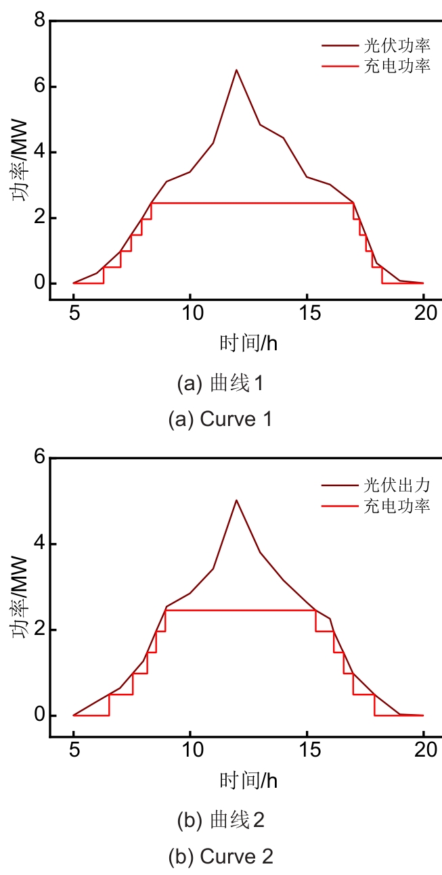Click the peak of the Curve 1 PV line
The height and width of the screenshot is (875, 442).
[236, 70]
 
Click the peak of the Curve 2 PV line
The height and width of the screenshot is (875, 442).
[236, 500]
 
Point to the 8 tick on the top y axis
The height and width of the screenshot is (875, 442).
[39, 22]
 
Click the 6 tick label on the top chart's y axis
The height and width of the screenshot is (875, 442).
[39, 87]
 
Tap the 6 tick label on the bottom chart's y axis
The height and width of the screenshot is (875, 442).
[39, 458]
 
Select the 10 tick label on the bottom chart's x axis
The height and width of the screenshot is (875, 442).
[190, 751]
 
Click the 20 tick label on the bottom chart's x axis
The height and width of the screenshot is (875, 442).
[423, 751]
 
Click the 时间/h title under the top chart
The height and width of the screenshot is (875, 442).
[248, 343]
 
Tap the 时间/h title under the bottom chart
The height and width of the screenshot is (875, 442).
[248, 780]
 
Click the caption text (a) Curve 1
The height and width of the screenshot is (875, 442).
[221, 419]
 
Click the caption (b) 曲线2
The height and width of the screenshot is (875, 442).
[221, 822]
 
